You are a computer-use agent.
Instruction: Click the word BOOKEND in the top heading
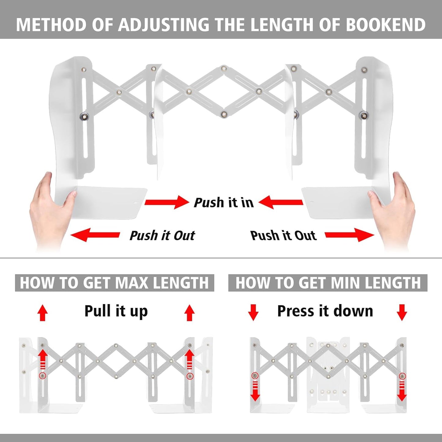coord(385,24)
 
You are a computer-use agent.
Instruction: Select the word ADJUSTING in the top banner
coord(163,24)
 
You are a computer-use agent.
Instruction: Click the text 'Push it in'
coord(224,202)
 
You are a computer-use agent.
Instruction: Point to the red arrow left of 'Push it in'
coord(167,202)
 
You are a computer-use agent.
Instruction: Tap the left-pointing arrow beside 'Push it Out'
coord(95,235)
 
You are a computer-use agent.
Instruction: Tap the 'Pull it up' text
coord(116,311)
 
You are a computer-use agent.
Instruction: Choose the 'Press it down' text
coord(325,311)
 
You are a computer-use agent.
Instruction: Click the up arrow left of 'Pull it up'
coord(43,313)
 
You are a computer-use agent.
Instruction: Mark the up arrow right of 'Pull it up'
coord(189,313)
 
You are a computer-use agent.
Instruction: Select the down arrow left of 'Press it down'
coord(253,312)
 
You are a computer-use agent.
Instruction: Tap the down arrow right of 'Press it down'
coord(402,312)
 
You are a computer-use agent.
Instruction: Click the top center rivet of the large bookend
coord(224,68)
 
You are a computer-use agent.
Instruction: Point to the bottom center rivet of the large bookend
coord(224,114)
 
